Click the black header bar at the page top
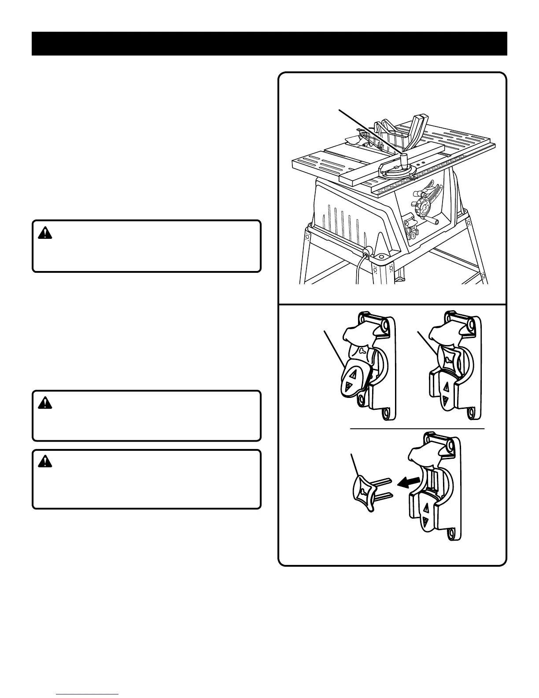[269, 44]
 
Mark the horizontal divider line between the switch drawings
[417, 428]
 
